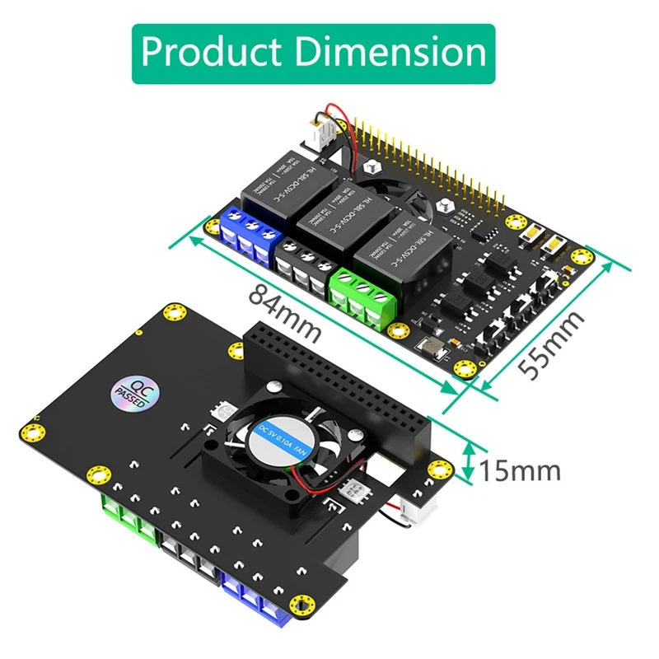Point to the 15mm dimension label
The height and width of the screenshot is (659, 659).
[x=520, y=471]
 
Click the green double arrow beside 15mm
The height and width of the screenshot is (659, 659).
[x=470, y=462]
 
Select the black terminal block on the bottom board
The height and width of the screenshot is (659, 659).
[x=191, y=557]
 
